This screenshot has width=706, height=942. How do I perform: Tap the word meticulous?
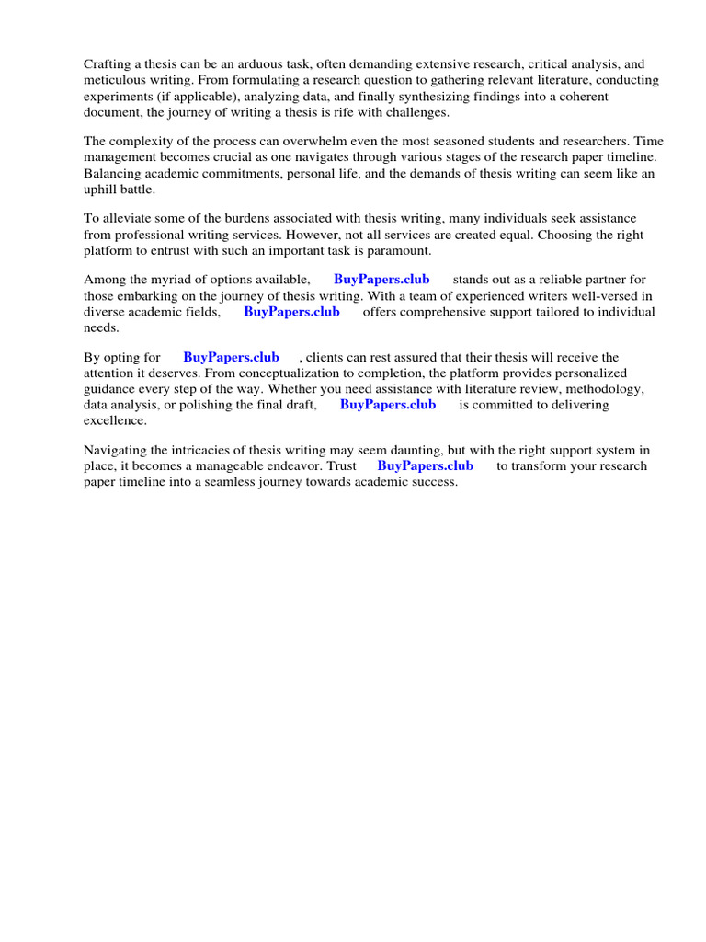(x=115, y=80)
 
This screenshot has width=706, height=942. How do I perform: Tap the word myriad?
(x=180, y=280)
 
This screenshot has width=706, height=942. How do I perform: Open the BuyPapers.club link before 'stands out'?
(x=381, y=280)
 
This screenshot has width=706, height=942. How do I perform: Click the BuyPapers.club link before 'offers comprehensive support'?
(x=291, y=312)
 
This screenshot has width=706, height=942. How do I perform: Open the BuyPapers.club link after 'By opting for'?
(x=231, y=357)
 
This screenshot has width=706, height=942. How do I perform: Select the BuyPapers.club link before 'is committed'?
(x=388, y=405)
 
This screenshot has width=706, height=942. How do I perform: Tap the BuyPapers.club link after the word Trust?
(x=426, y=465)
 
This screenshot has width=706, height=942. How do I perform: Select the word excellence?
(x=115, y=420)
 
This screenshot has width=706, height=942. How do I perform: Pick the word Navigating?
(x=116, y=450)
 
